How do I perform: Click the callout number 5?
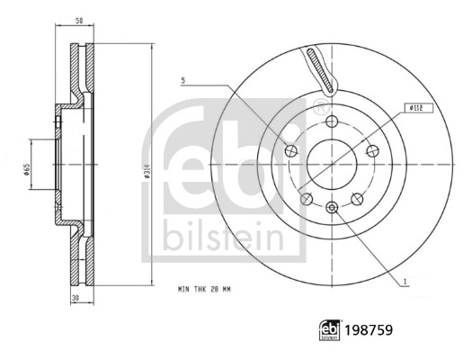click(x=183, y=81)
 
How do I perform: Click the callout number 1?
click(x=405, y=281)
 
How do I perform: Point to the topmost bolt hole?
click(x=332, y=122)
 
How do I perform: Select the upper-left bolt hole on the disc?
click(x=290, y=150)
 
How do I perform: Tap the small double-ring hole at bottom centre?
click(x=332, y=208)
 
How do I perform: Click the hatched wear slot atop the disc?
click(x=318, y=70)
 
